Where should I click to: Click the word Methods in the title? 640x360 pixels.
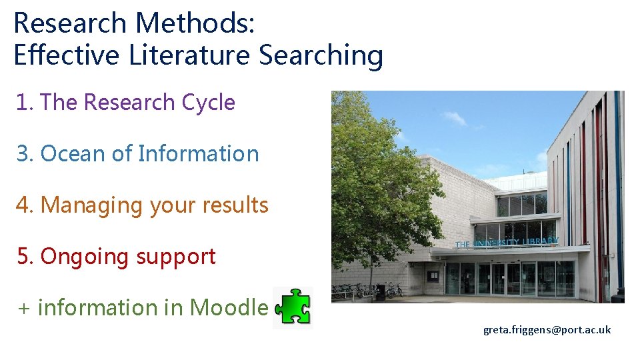click(193, 23)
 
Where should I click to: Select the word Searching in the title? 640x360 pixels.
click(321, 55)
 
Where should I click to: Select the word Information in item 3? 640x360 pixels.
click(198, 154)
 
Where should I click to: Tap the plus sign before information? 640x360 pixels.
click(24, 309)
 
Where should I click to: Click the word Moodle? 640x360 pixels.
click(229, 308)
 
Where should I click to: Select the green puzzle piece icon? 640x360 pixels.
click(293, 308)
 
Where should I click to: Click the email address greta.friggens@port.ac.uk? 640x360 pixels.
click(547, 330)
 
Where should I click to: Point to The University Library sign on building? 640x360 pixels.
click(507, 243)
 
